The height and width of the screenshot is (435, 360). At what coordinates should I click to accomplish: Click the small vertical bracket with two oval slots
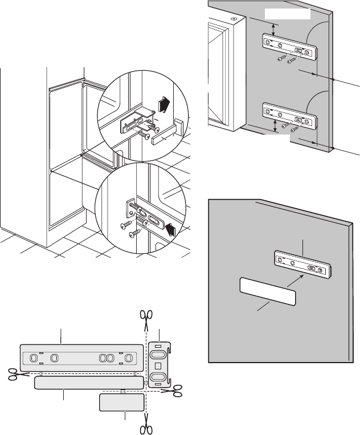point(159,365)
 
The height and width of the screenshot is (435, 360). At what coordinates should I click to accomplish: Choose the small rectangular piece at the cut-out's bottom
point(121,403)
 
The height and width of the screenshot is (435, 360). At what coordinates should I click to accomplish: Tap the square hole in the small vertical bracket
point(159,365)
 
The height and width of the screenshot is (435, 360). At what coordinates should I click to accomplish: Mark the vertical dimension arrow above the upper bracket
point(275,30)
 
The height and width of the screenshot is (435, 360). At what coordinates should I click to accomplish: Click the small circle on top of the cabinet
point(234,18)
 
